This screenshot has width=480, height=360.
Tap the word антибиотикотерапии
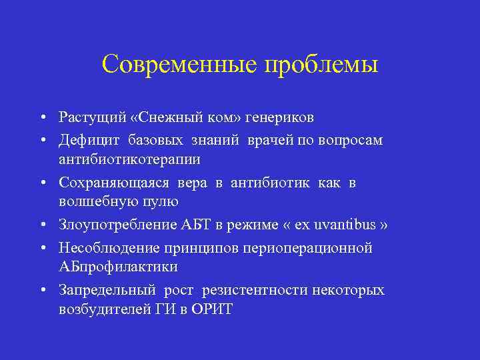pos(129,160)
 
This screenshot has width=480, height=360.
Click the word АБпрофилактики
pos(118,267)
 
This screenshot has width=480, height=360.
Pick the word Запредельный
pos(107,290)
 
